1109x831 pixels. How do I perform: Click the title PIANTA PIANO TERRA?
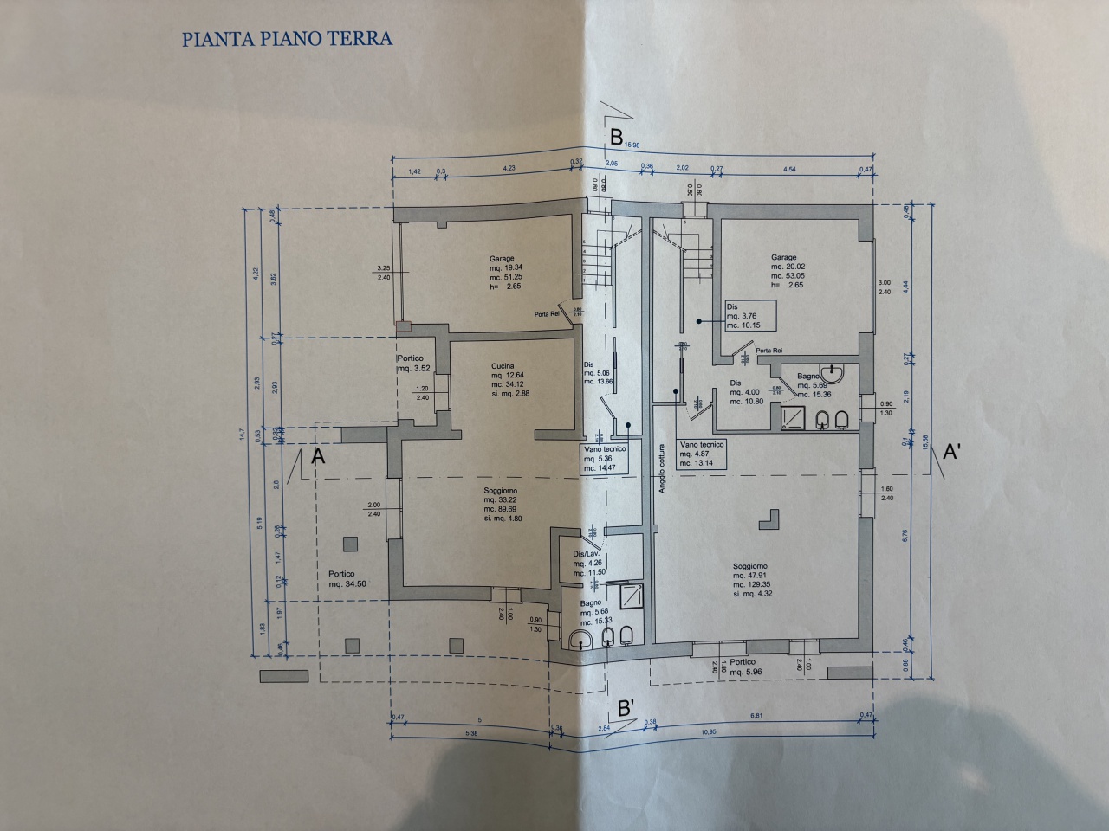pyautogui.click(x=287, y=39)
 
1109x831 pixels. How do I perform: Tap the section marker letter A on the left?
pyautogui.click(x=318, y=458)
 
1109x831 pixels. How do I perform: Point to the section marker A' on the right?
pyautogui.click(x=950, y=451)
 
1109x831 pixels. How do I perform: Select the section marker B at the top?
pyautogui.click(x=616, y=136)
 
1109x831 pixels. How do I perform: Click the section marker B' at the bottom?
pyautogui.click(x=627, y=706)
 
